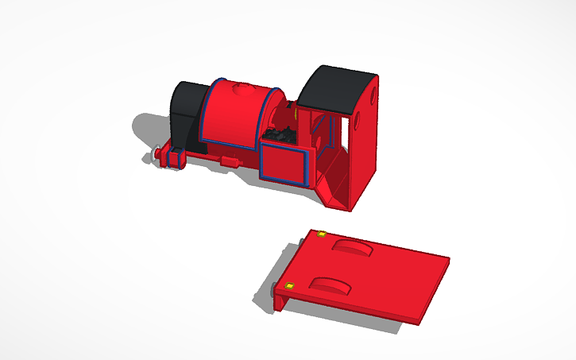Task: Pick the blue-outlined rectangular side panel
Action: coord(284,163)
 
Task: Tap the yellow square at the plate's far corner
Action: coord(321,234)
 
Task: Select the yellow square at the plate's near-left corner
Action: coord(289,285)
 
